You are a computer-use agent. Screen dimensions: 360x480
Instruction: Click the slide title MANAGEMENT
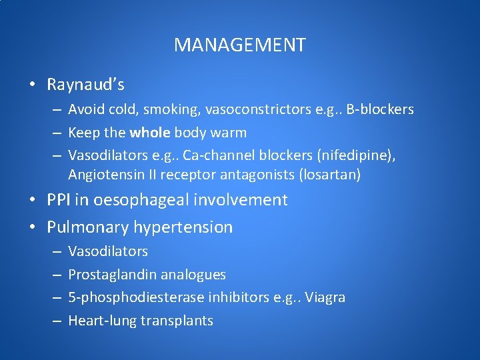pyautogui.click(x=240, y=45)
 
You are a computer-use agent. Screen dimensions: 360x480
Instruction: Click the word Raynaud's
pyautogui.click(x=85, y=85)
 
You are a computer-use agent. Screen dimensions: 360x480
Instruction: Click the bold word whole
pyautogui.click(x=150, y=133)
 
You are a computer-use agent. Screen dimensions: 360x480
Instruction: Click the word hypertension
pyautogui.click(x=183, y=227)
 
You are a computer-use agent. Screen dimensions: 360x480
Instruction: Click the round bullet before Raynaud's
pyautogui.click(x=32, y=85)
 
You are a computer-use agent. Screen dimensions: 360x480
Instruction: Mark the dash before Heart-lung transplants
pyautogui.click(x=56, y=321)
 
